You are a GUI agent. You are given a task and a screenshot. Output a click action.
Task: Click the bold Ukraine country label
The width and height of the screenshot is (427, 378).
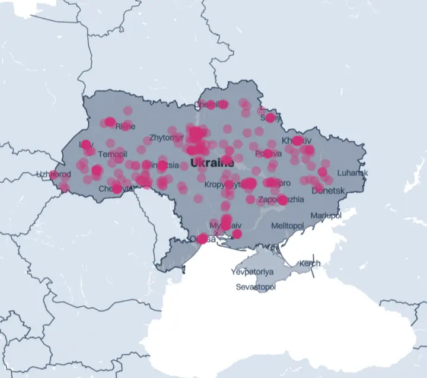pyautogui.click(x=212, y=163)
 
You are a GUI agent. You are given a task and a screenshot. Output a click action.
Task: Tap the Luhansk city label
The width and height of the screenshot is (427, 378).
pyautogui.click(x=353, y=173)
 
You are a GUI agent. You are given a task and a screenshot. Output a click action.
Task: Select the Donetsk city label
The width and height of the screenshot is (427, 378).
pyautogui.click(x=328, y=191)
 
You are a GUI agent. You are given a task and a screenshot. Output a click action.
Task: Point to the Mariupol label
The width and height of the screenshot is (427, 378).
pyautogui.click(x=326, y=215)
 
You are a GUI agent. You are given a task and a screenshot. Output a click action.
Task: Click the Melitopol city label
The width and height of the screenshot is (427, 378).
pyautogui.click(x=287, y=226)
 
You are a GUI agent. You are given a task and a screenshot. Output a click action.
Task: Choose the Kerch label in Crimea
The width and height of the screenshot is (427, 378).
pyautogui.click(x=310, y=263)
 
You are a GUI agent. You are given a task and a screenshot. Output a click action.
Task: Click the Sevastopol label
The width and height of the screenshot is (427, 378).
pyautogui.click(x=256, y=287)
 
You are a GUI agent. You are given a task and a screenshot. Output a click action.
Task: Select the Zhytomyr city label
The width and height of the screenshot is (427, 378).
pyautogui.click(x=166, y=138)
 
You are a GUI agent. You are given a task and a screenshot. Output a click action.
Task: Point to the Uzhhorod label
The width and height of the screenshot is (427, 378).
pyautogui.click(x=53, y=174)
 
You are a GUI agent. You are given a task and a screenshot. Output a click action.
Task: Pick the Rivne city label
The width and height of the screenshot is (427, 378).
pyautogui.click(x=125, y=126)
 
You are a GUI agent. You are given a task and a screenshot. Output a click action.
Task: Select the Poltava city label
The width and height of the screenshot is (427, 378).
pyautogui.click(x=267, y=154)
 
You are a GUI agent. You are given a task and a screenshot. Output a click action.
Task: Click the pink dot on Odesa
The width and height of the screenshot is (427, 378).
pyautogui.click(x=202, y=239)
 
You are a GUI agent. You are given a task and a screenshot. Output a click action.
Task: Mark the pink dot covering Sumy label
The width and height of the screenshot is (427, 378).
pyautogui.click(x=270, y=117)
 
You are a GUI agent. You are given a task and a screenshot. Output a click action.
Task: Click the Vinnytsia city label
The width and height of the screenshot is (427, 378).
pyautogui.click(x=161, y=165)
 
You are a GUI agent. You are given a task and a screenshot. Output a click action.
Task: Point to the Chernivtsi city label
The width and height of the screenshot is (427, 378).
pyautogui.click(x=113, y=189)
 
